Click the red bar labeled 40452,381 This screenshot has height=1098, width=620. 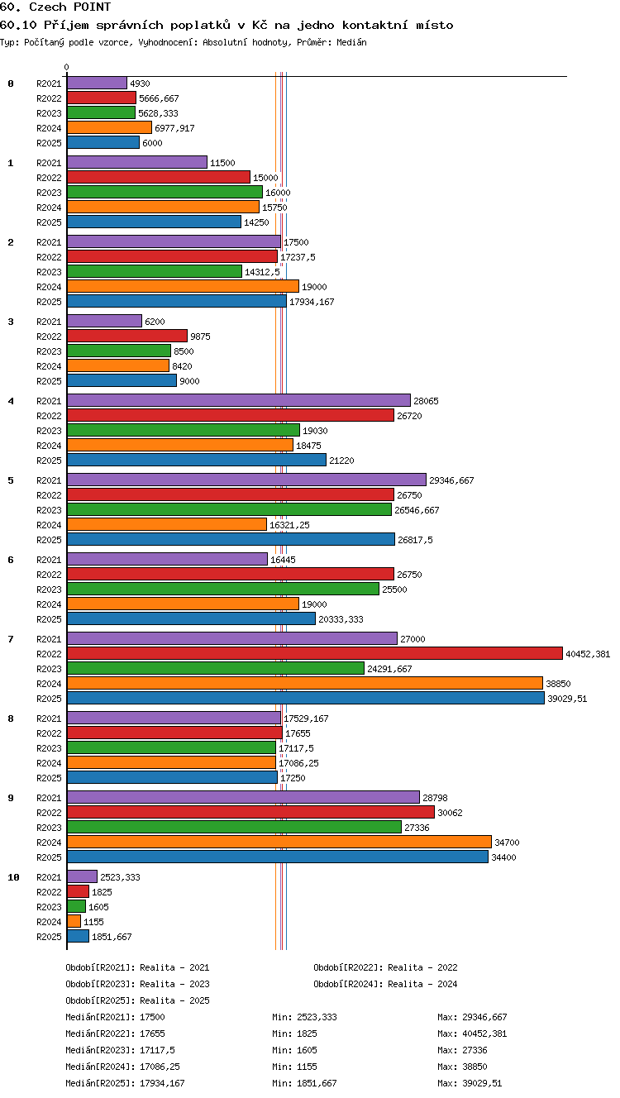click(315, 653)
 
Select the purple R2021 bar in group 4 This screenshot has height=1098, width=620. click(239, 400)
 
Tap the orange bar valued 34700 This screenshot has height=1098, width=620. click(279, 842)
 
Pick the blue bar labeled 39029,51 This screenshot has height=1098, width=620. click(306, 698)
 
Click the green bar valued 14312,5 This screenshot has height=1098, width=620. click(155, 271)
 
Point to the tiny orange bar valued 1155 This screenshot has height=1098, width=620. click(74, 921)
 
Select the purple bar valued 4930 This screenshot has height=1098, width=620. click(97, 83)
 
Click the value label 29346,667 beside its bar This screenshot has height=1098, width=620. click(451, 480)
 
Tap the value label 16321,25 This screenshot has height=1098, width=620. click(289, 525)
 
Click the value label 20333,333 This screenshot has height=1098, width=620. click(341, 619)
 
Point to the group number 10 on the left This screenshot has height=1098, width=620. click(14, 877)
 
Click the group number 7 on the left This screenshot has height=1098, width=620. click(11, 638)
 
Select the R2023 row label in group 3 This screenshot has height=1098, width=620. click(49, 351)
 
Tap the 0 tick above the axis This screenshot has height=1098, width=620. click(67, 67)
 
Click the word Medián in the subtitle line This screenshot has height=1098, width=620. click(351, 42)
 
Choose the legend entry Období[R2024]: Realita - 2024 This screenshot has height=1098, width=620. click(385, 984)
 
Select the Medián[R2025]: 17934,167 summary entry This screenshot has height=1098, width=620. click(125, 1083)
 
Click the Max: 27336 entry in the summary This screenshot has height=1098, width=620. click(462, 1050)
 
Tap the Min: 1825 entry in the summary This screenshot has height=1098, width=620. click(294, 1034)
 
